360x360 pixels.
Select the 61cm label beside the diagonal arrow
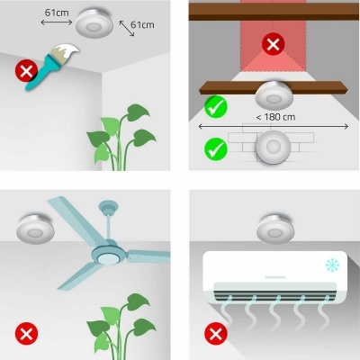pyautogui.click(x=141, y=24)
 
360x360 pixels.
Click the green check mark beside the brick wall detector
pyautogui.click(x=215, y=148)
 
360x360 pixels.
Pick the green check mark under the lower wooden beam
pyautogui.click(x=215, y=108)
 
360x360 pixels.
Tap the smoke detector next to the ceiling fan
pyautogui.click(x=32, y=232)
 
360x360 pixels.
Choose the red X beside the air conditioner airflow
pyautogui.click(x=215, y=334)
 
